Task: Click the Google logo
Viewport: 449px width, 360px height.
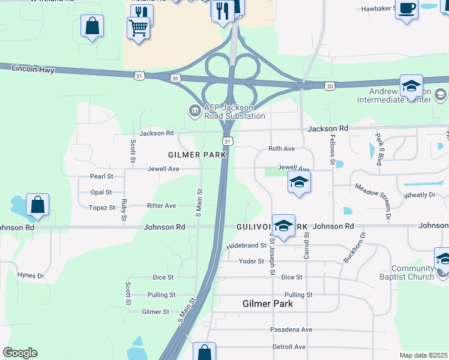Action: (x=20, y=353)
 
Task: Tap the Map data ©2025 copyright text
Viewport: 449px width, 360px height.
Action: (x=423, y=355)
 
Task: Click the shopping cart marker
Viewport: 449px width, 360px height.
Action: (x=138, y=28)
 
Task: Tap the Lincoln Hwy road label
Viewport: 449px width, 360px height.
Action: (x=33, y=70)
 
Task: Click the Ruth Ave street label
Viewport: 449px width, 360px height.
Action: (x=282, y=148)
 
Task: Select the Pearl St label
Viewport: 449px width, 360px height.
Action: (x=101, y=176)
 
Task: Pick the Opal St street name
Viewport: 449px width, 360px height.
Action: (x=101, y=192)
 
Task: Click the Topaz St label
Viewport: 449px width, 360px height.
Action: (x=102, y=208)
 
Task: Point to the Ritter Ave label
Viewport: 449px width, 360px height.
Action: (x=161, y=205)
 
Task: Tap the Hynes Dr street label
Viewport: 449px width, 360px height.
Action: (x=31, y=275)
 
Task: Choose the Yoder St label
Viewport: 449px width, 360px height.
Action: (x=252, y=261)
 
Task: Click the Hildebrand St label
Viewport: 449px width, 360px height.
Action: (x=246, y=246)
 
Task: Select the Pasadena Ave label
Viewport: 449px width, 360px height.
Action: (x=291, y=329)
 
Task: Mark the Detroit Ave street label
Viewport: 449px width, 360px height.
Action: (x=289, y=347)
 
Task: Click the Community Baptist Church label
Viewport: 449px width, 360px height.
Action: (x=412, y=272)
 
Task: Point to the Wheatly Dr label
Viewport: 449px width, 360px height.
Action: (x=420, y=194)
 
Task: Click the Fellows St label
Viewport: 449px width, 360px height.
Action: (x=332, y=149)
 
